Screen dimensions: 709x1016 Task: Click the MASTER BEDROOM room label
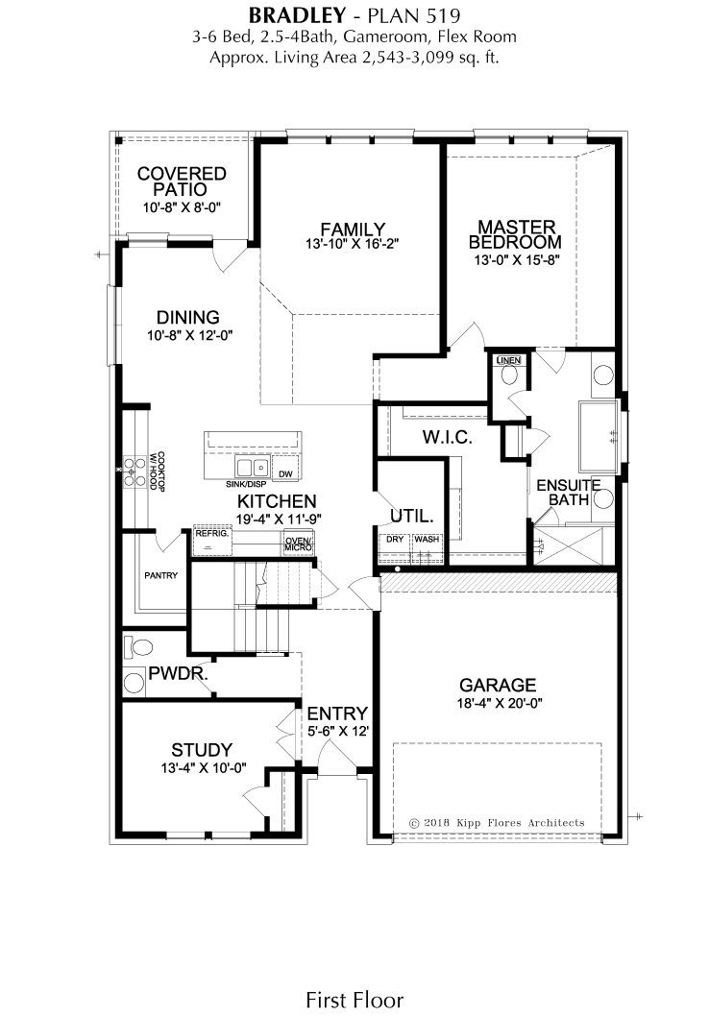pos(515,234)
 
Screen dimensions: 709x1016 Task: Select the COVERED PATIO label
pos(182,181)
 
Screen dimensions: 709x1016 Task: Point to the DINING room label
pos(188,318)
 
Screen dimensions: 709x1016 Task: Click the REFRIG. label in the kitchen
pos(212,534)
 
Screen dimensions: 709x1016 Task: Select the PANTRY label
pos(160,575)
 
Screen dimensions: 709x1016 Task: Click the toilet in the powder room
pos(138,646)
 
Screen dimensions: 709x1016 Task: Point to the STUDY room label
pos(202,750)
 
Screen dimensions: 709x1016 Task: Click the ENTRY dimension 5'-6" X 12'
pos(337,732)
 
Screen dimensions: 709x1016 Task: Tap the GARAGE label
pos(498,685)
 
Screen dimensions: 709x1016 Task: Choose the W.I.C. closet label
pos(447,437)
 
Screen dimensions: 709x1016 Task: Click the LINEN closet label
pos(509,360)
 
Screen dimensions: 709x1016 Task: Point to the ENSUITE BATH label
pos(569,493)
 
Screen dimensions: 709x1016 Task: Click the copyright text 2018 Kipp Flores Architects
pos(497,823)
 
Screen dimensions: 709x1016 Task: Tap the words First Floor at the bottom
pos(354,1000)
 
